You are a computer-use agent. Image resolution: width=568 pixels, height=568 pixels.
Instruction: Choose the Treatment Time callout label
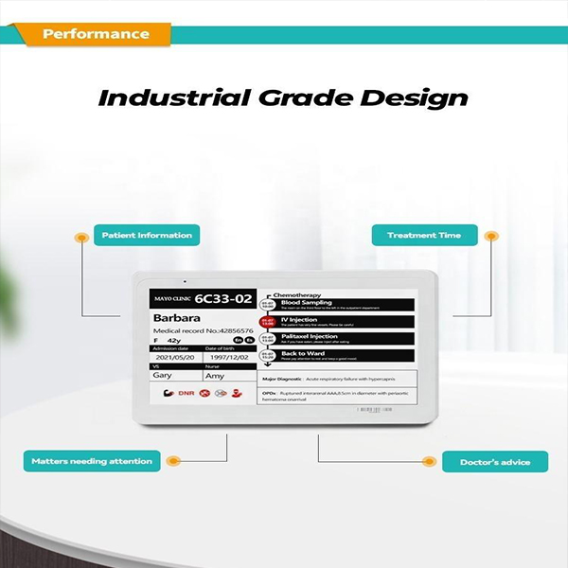(x=423, y=235)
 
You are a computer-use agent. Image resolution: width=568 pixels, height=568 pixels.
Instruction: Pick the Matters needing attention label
(x=92, y=461)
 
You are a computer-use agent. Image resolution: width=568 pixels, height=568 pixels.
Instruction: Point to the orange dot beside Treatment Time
(x=489, y=235)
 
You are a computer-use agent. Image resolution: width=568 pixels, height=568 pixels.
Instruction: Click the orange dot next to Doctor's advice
(x=428, y=461)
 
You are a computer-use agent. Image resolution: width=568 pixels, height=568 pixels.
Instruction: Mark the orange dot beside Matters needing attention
(x=172, y=461)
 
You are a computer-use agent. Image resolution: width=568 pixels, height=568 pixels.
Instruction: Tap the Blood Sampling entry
(x=307, y=302)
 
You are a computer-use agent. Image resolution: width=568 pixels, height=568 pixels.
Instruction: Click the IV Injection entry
(x=301, y=319)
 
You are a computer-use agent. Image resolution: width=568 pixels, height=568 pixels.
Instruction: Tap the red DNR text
(x=186, y=391)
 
